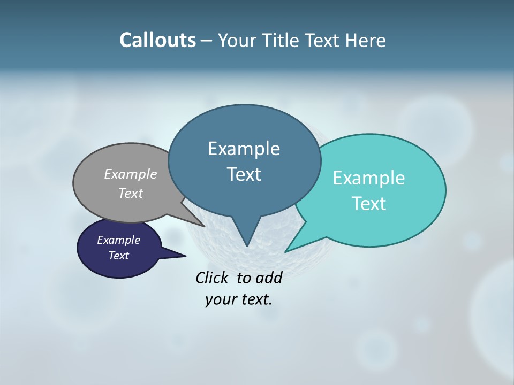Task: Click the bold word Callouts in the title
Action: [157, 40]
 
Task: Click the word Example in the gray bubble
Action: [131, 174]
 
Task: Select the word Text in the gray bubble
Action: [131, 193]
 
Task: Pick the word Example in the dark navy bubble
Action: [118, 240]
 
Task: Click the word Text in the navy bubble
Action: [118, 256]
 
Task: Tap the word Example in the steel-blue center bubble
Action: [244, 149]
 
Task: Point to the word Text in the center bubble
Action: [244, 174]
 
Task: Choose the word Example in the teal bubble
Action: [369, 178]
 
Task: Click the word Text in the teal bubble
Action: [369, 204]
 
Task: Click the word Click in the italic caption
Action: [213, 278]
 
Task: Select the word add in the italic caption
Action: [269, 278]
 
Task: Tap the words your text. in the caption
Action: [239, 299]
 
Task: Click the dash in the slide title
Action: [207, 41]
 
